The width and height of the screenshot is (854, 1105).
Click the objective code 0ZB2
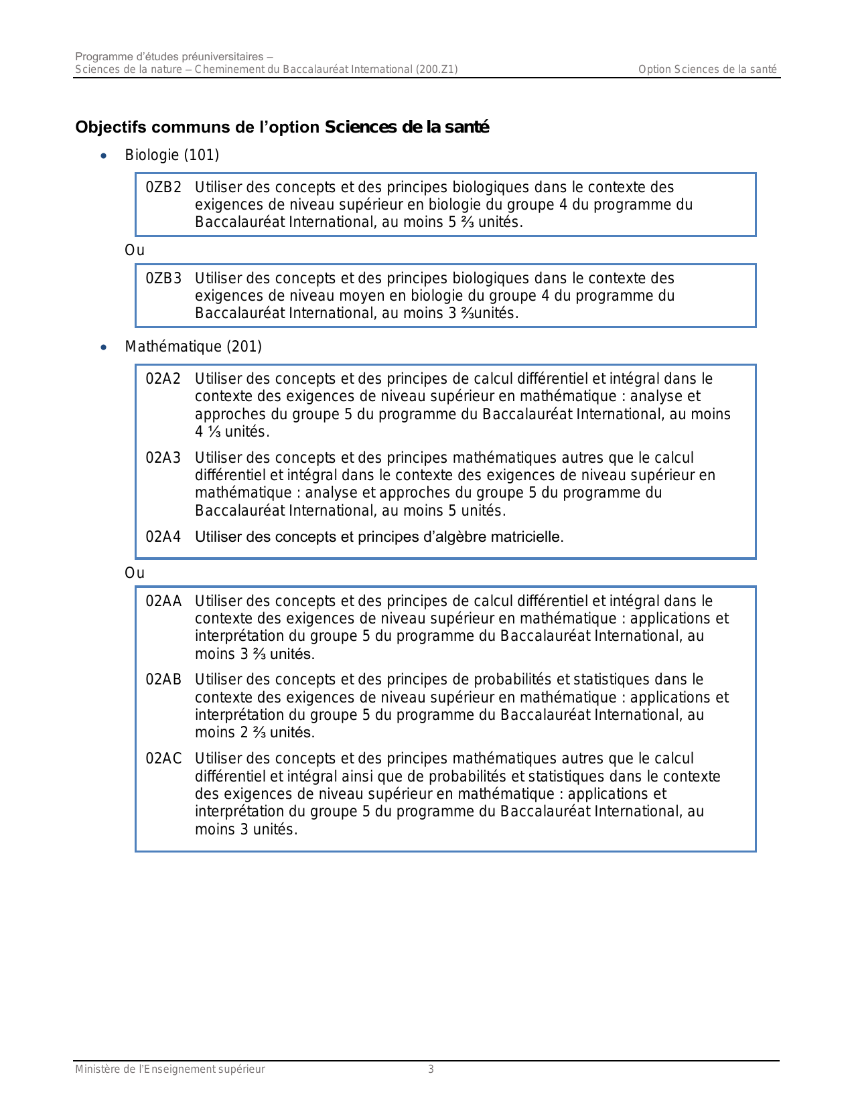tap(163, 188)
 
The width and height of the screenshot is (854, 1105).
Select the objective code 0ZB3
tap(163, 279)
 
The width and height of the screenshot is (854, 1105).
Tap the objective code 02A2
tap(163, 379)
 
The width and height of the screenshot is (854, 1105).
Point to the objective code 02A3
tap(163, 458)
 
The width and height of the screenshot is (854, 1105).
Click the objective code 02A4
tap(163, 537)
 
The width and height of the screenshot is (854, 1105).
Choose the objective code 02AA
tap(163, 601)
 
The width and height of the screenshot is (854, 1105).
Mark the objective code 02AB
tap(163, 680)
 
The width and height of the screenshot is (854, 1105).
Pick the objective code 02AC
tap(163, 759)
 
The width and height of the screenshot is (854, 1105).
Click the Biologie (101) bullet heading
tap(172, 155)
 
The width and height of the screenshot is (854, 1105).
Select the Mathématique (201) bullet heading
tap(193, 347)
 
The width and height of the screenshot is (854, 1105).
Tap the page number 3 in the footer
tap(431, 1070)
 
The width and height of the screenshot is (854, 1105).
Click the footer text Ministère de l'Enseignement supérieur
tap(170, 1070)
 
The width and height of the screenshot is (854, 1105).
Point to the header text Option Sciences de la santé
tap(707, 70)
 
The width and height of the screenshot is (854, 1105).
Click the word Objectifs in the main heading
tap(108, 127)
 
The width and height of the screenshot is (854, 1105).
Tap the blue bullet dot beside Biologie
tap(103, 156)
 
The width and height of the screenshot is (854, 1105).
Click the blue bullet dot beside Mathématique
tap(103, 348)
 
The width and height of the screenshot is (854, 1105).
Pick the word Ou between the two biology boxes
tap(135, 250)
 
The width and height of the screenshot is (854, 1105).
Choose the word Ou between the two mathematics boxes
tap(135, 573)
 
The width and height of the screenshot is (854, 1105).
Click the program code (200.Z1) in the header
tap(437, 70)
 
